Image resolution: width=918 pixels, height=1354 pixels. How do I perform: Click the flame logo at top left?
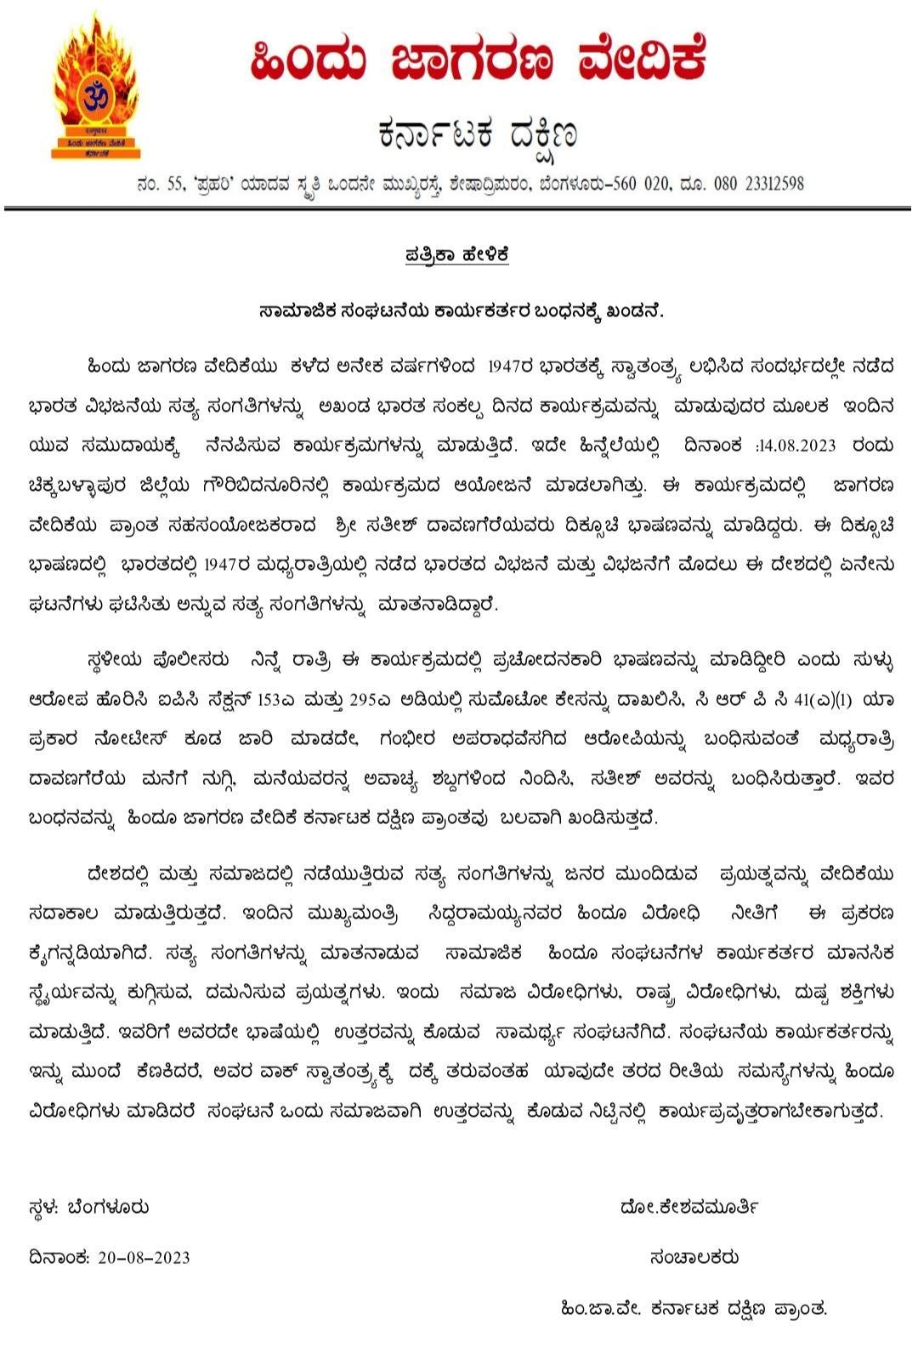point(94,90)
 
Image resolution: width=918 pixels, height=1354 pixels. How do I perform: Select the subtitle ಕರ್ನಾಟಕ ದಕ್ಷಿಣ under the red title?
point(479,134)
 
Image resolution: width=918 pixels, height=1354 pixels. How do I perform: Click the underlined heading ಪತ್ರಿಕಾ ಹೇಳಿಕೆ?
point(457,255)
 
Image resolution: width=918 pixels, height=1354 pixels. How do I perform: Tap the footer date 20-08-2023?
point(144,1257)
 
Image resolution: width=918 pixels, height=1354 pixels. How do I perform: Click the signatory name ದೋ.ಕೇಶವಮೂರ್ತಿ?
point(689,1207)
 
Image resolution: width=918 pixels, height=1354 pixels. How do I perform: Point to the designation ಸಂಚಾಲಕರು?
point(694,1257)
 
